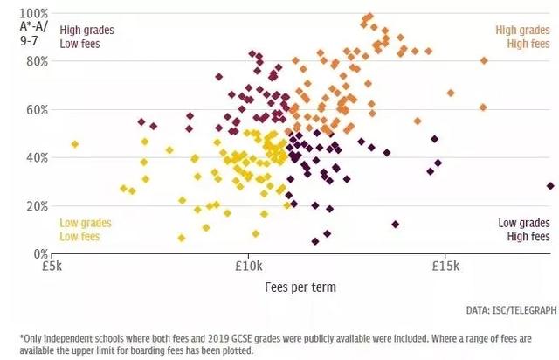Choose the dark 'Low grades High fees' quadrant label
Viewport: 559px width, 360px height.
524,230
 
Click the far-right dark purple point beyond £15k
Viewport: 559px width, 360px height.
550,186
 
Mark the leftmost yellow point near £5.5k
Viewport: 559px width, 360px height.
75,144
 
